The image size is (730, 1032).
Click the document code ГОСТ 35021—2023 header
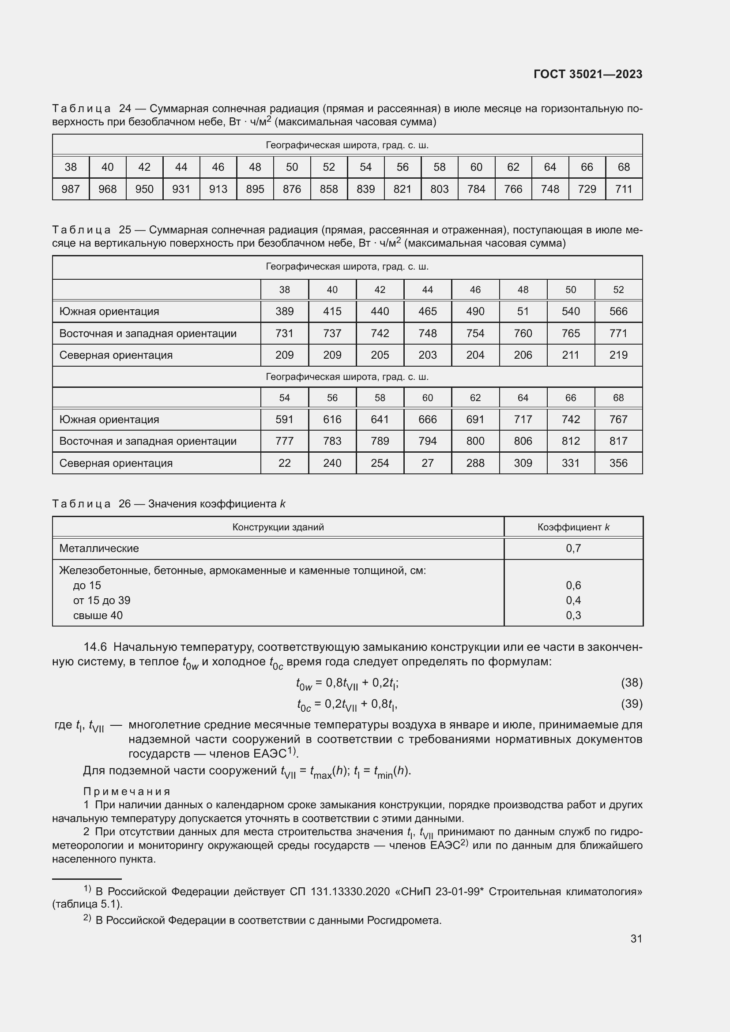(x=587, y=74)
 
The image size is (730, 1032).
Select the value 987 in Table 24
(x=71, y=189)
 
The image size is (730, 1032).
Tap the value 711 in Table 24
(x=624, y=189)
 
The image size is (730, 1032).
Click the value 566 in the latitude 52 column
(x=618, y=311)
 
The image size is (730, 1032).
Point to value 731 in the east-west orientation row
(x=284, y=334)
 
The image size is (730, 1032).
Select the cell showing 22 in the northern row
(x=284, y=463)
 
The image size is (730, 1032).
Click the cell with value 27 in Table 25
(x=427, y=463)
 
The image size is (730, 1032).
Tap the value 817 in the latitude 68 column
(x=618, y=441)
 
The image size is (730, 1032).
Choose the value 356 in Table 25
(x=618, y=463)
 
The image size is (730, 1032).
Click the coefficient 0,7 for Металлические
(x=573, y=548)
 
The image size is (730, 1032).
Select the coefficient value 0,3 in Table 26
(x=573, y=615)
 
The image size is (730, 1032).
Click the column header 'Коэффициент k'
(x=573, y=527)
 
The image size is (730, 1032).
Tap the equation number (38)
(x=631, y=683)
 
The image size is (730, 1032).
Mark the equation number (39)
(x=631, y=703)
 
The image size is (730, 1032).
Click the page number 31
(x=636, y=938)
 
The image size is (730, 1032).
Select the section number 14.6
(x=95, y=647)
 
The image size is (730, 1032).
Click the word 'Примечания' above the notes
(x=127, y=792)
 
